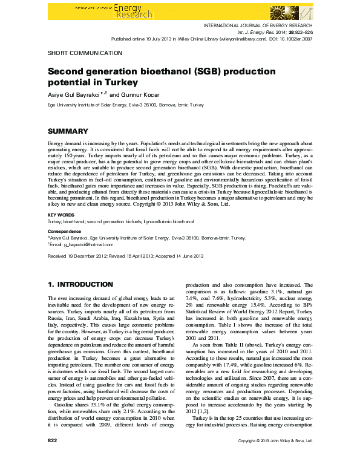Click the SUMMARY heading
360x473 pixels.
click(x=68, y=131)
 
